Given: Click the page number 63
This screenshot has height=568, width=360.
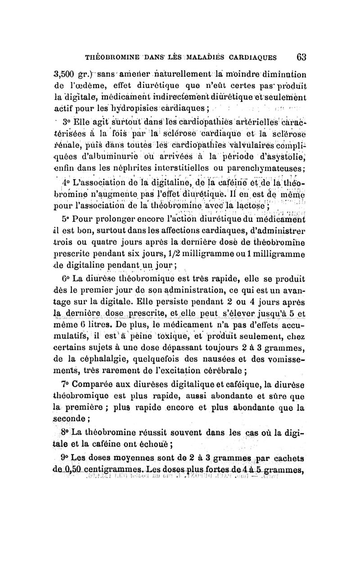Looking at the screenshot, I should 301,57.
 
